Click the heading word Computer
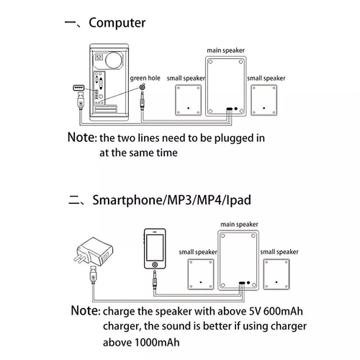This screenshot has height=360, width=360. pos(119,22)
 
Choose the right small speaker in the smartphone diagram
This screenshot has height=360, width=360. pos(277,274)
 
